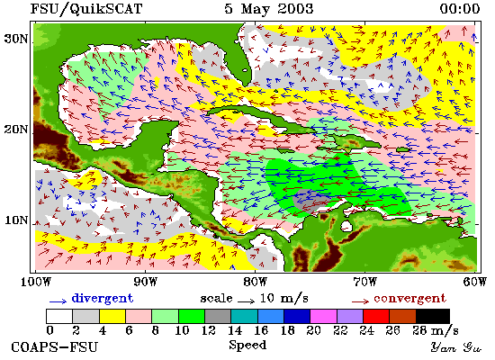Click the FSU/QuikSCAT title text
point(86,9)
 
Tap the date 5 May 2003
point(269,9)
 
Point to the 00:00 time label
point(460,9)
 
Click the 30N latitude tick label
point(16,39)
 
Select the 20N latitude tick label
point(16,130)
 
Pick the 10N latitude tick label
point(16,220)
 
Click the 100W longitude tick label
point(36,282)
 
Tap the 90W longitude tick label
point(146,282)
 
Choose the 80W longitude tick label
point(255,282)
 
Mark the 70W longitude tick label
point(364,282)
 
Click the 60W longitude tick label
point(475,282)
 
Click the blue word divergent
point(103,299)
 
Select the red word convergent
point(410,299)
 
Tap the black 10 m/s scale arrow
point(246,301)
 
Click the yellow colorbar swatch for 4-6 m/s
point(112,316)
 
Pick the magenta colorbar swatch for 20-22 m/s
point(324,316)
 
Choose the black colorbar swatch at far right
point(433,316)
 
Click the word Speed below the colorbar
point(247,345)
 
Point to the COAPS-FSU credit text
point(54,347)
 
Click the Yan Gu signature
point(456,347)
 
